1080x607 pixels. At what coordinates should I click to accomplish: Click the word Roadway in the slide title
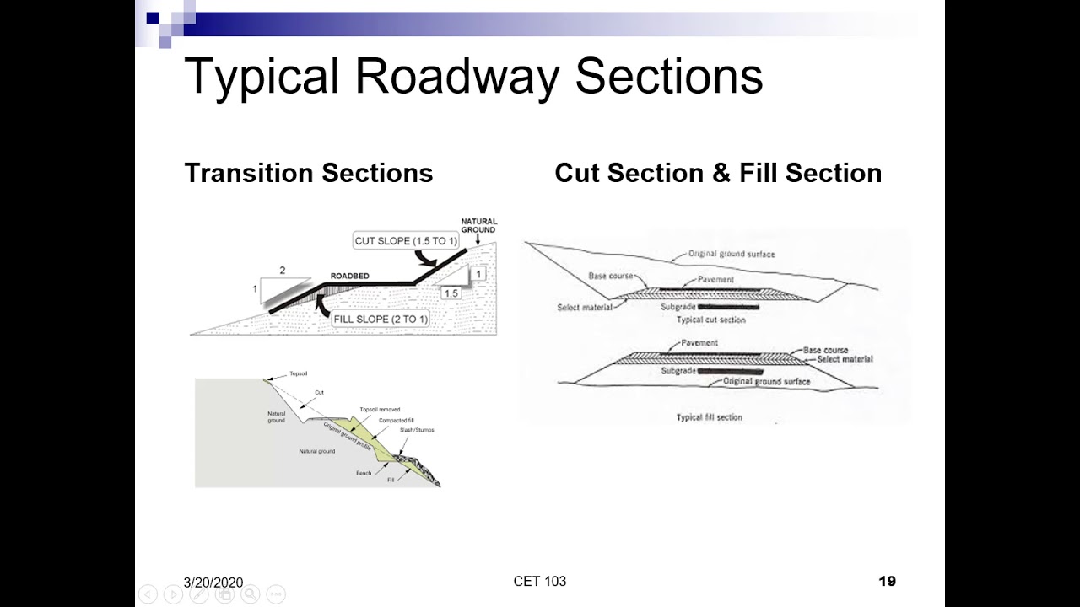[456, 76]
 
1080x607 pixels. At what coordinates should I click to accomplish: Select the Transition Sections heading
[308, 173]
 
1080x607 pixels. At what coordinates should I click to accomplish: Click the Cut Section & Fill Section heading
[718, 173]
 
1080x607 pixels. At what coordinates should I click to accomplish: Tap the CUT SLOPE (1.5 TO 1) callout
[406, 241]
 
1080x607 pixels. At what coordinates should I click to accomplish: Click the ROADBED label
[349, 276]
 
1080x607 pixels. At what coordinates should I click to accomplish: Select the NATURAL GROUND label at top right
[478, 225]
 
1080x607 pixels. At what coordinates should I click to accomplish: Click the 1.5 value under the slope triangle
[451, 293]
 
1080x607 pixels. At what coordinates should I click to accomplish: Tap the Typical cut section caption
[710, 320]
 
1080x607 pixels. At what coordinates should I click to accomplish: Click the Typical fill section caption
[709, 417]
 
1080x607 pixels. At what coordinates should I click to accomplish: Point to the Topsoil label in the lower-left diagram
[299, 373]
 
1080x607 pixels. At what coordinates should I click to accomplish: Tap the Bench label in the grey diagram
[363, 473]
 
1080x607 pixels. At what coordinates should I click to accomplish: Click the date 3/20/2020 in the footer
[213, 583]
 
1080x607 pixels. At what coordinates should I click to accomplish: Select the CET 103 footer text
[539, 581]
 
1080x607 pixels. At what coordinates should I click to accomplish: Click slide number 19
[887, 581]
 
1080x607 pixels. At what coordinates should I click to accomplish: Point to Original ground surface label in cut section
[732, 254]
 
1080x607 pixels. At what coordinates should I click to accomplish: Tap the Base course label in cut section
[610, 276]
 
